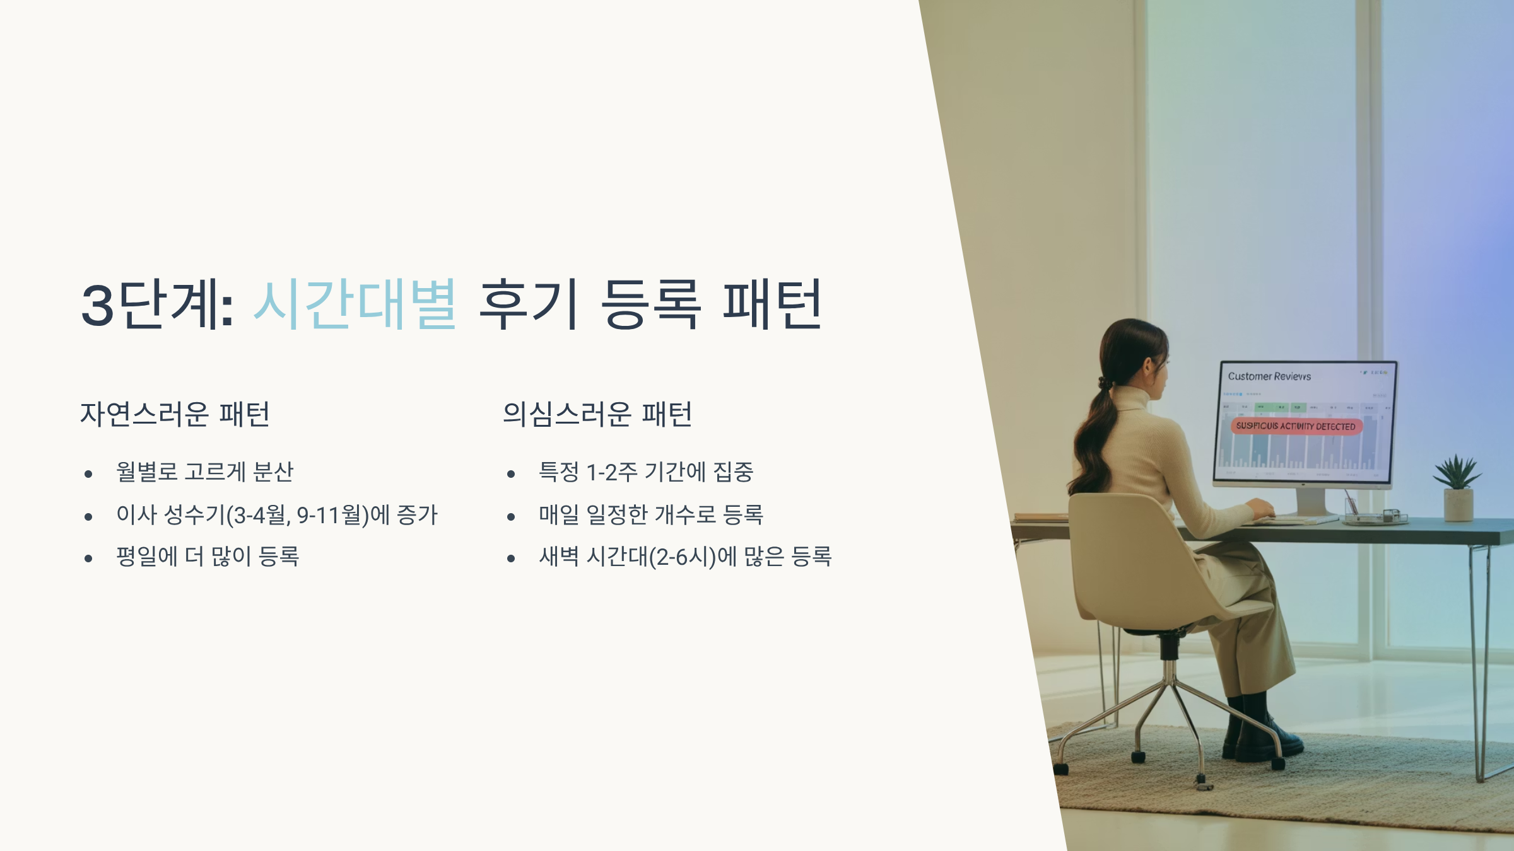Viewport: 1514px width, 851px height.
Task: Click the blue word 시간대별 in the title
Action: (x=355, y=304)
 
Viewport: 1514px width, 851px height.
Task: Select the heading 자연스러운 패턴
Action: (x=175, y=414)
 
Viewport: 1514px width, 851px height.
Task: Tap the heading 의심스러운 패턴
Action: (x=597, y=414)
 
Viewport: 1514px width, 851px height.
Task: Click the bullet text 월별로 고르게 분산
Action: (x=205, y=472)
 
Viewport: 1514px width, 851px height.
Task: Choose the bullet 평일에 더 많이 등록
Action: (x=208, y=557)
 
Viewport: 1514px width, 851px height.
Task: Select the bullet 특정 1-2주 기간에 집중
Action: (x=646, y=472)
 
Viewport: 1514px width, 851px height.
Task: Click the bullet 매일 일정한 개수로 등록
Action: (x=651, y=515)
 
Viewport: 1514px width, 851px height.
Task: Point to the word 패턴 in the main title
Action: (x=772, y=304)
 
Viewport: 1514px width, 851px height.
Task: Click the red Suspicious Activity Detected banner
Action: (x=1296, y=426)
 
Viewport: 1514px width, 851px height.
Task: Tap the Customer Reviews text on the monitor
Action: (x=1269, y=376)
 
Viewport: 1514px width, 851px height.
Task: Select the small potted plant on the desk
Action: (x=1458, y=489)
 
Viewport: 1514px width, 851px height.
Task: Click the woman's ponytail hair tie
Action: (x=1103, y=383)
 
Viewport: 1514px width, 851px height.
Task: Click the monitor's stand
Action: (x=1310, y=503)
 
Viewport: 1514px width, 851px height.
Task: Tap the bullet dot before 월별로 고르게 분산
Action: (x=88, y=473)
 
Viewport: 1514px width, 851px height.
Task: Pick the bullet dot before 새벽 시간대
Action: (x=511, y=558)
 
